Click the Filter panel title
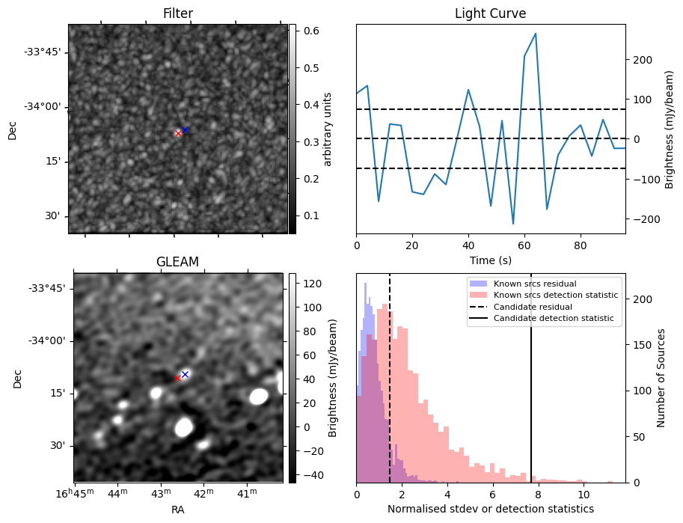tap(178, 13)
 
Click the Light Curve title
tap(490, 13)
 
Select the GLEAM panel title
tap(178, 262)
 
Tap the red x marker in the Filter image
tap(178, 133)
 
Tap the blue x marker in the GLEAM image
tap(185, 374)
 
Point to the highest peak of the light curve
tap(536, 34)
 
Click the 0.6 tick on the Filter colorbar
tap(310, 31)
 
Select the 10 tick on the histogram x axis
tap(584, 495)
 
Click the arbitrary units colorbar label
tap(327, 128)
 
